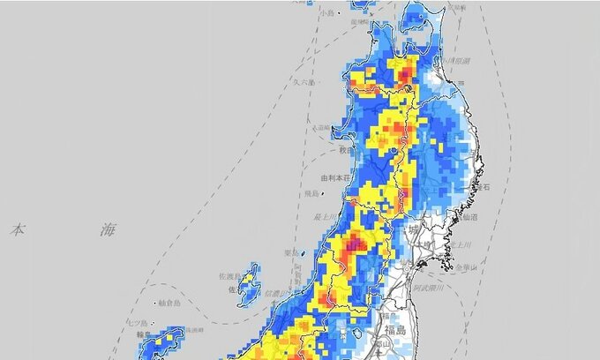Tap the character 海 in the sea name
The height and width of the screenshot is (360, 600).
coord(108,230)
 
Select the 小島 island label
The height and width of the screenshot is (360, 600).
coord(328,13)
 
